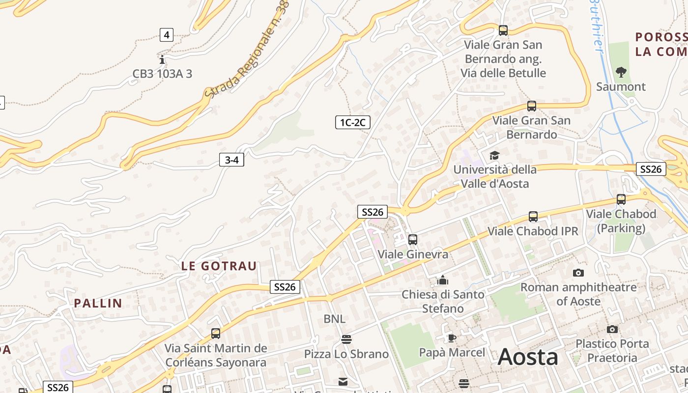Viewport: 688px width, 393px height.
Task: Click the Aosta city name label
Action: click(528, 357)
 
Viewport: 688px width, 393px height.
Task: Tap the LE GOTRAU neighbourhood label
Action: click(219, 266)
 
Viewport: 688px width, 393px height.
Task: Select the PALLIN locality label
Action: click(98, 303)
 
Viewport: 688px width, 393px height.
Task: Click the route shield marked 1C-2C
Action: click(352, 122)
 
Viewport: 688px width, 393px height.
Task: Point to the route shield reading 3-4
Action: click(231, 160)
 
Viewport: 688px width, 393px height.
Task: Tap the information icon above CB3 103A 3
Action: click(162, 60)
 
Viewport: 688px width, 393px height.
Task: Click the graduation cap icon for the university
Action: click(494, 155)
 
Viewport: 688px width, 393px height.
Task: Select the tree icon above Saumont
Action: click(621, 72)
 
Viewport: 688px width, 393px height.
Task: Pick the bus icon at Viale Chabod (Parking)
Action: click(621, 199)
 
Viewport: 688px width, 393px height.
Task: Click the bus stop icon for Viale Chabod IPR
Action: click(533, 217)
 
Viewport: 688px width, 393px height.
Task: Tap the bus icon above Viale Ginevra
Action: click(413, 240)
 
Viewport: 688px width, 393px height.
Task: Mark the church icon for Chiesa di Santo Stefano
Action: click(443, 280)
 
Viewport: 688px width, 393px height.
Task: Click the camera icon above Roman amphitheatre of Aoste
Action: click(578, 273)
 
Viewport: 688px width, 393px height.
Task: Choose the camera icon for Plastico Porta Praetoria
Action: click(612, 329)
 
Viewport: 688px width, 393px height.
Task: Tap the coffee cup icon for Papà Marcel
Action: click(452, 338)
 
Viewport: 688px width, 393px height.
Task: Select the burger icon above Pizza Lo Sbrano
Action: click(346, 339)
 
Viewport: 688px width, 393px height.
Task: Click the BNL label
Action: click(334, 319)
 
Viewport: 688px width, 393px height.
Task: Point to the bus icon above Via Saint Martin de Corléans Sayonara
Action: click(216, 334)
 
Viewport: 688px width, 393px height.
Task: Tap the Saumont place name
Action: click(621, 87)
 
